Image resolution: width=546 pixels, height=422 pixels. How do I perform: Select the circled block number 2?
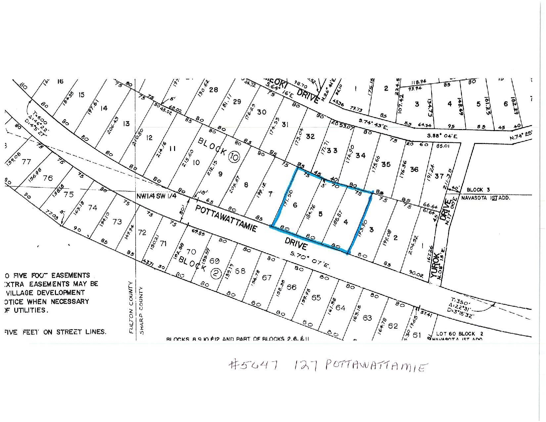click(x=216, y=274)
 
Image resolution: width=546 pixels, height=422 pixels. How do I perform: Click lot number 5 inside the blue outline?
click(x=320, y=214)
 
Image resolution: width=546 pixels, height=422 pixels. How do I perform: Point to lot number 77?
click(x=26, y=162)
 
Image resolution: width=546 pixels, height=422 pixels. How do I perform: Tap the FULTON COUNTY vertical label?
click(x=131, y=307)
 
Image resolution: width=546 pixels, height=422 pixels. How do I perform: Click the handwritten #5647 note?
click(x=253, y=365)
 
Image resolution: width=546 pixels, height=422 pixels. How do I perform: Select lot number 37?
click(x=439, y=176)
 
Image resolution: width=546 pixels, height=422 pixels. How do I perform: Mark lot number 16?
click(x=60, y=81)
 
